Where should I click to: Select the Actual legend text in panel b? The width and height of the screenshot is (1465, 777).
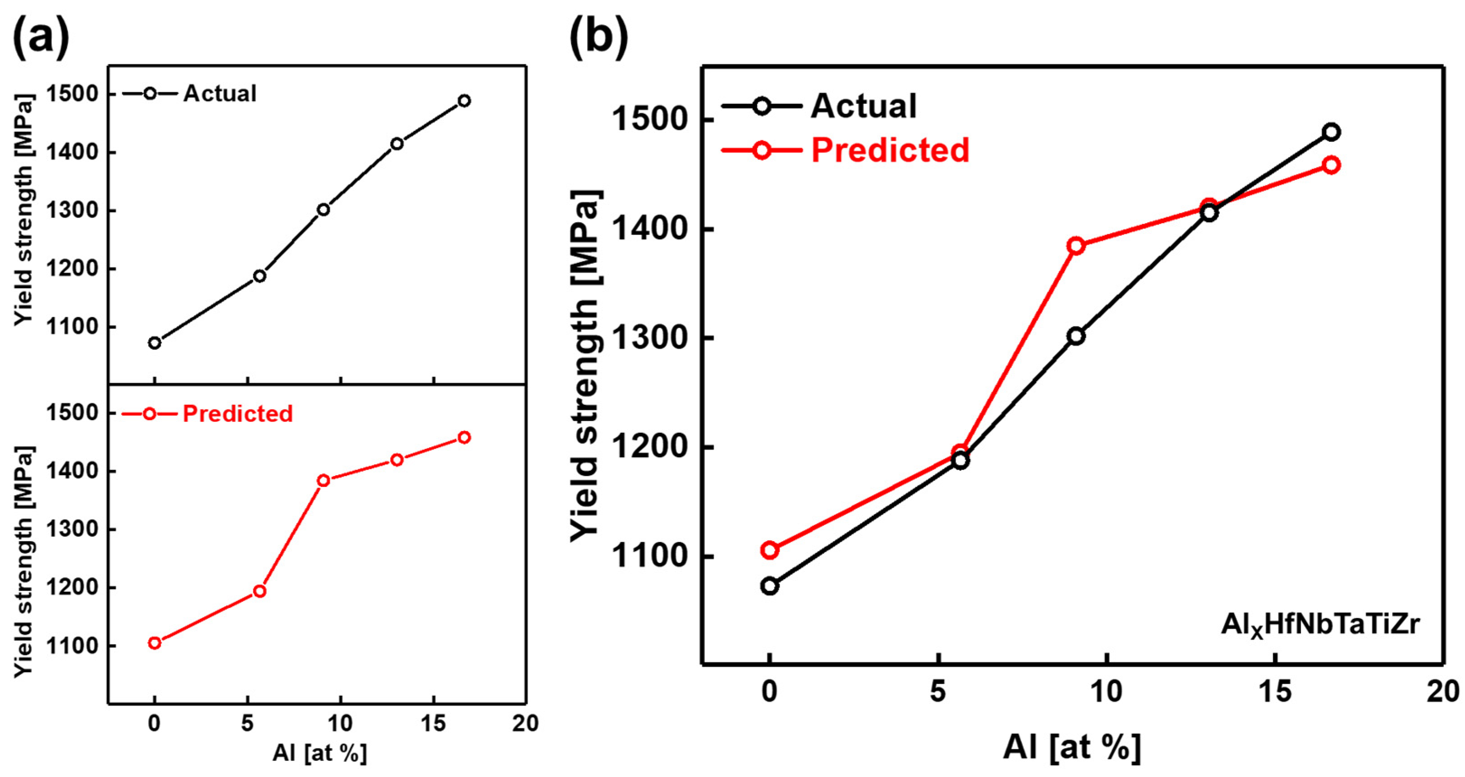tap(863, 106)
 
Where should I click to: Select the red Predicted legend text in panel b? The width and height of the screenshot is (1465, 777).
tap(890, 150)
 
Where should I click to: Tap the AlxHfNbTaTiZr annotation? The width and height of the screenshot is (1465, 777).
tap(1320, 625)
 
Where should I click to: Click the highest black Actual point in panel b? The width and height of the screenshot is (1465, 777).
tap(1331, 132)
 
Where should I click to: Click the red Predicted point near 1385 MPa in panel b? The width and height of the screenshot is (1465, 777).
tap(1075, 246)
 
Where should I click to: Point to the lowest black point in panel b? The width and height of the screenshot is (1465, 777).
tap(770, 585)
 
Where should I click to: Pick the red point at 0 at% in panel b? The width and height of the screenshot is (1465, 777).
tap(770, 549)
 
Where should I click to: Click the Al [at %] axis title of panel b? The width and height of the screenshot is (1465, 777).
tap(1072, 746)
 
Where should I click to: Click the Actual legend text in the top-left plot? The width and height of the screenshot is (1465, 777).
tap(219, 94)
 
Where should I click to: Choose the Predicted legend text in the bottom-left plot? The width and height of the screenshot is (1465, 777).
tap(237, 413)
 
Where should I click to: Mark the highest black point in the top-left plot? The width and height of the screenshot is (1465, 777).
tap(464, 101)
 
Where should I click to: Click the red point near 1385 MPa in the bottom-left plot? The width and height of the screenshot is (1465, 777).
tap(323, 480)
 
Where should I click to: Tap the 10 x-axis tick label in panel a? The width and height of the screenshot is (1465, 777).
tap(340, 724)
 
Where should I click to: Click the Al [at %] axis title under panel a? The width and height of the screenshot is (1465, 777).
tap(320, 753)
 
